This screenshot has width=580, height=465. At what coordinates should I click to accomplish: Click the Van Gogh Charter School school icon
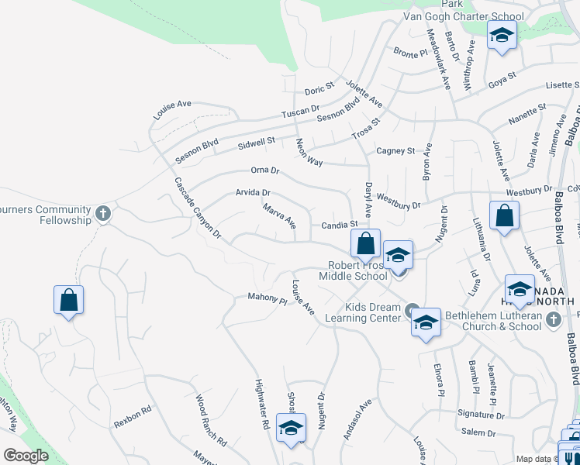click(502, 35)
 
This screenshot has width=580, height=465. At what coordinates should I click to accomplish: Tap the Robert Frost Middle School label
click(357, 270)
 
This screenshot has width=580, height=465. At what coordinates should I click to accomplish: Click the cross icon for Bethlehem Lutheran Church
click(553, 319)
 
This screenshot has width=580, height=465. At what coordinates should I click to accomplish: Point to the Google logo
click(26, 456)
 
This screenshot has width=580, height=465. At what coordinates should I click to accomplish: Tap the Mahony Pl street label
click(268, 297)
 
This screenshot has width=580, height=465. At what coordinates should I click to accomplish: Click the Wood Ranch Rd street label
click(210, 431)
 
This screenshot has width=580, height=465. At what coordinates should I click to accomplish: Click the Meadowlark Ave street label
click(439, 60)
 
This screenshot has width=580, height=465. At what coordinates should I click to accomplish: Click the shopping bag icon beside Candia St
click(365, 243)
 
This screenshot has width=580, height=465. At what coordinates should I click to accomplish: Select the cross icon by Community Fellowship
click(103, 212)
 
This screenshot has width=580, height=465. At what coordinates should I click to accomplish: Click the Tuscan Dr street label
click(296, 112)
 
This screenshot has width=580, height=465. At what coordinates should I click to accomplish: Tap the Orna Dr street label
click(264, 170)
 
